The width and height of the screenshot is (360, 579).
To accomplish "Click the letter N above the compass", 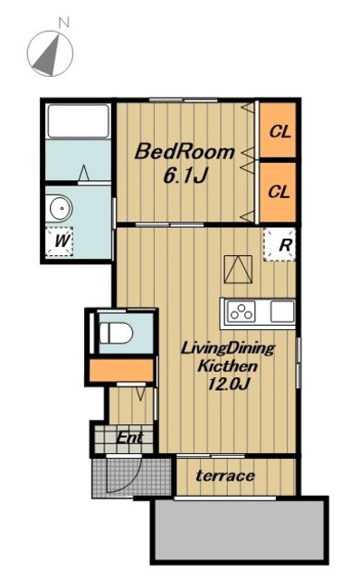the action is [x=64, y=23].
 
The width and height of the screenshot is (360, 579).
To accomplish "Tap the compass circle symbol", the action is [x=50, y=53].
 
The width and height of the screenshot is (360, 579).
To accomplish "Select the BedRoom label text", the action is [x=185, y=152].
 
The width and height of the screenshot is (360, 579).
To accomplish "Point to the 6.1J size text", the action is [x=184, y=176].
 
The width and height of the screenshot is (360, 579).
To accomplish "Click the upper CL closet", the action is [x=278, y=130].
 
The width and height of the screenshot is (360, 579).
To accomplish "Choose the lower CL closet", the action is [x=278, y=192].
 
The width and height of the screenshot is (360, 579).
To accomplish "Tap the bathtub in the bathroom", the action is [x=78, y=121].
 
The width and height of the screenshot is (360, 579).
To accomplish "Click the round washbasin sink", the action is [x=61, y=207].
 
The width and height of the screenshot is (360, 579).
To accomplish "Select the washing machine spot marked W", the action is [x=60, y=242].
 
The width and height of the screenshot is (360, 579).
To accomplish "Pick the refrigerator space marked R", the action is [x=279, y=245].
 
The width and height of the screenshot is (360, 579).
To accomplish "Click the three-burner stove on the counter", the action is [x=242, y=311].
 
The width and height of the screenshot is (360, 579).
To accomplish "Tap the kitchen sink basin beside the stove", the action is [x=282, y=311].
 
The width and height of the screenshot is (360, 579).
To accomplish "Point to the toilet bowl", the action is [x=117, y=333].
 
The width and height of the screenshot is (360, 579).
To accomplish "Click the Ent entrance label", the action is [x=129, y=438].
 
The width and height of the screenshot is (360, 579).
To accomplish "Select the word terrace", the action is [x=225, y=476].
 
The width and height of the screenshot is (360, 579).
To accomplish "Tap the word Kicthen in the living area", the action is [x=227, y=366].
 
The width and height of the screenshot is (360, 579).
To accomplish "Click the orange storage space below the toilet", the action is [x=121, y=370].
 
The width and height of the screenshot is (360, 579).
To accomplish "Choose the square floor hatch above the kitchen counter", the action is [x=238, y=270].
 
